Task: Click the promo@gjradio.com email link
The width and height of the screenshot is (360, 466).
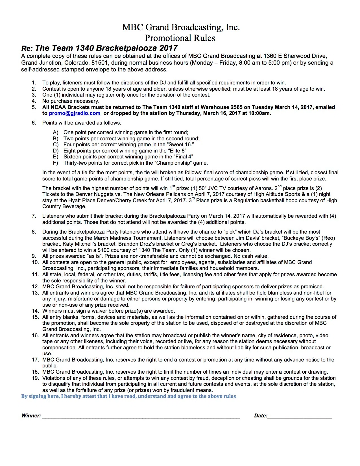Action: point(75,113)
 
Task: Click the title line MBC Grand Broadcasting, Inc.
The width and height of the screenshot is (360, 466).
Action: point(181,27)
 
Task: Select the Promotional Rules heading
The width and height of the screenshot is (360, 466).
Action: point(180,38)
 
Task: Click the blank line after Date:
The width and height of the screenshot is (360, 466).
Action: point(300,416)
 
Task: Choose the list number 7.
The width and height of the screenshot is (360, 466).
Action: point(34,216)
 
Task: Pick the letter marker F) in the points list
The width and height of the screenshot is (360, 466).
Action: point(55,163)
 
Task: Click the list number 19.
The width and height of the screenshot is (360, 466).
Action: point(35,378)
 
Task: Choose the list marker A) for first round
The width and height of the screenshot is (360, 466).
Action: point(55,132)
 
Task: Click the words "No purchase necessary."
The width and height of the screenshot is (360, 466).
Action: point(71,101)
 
